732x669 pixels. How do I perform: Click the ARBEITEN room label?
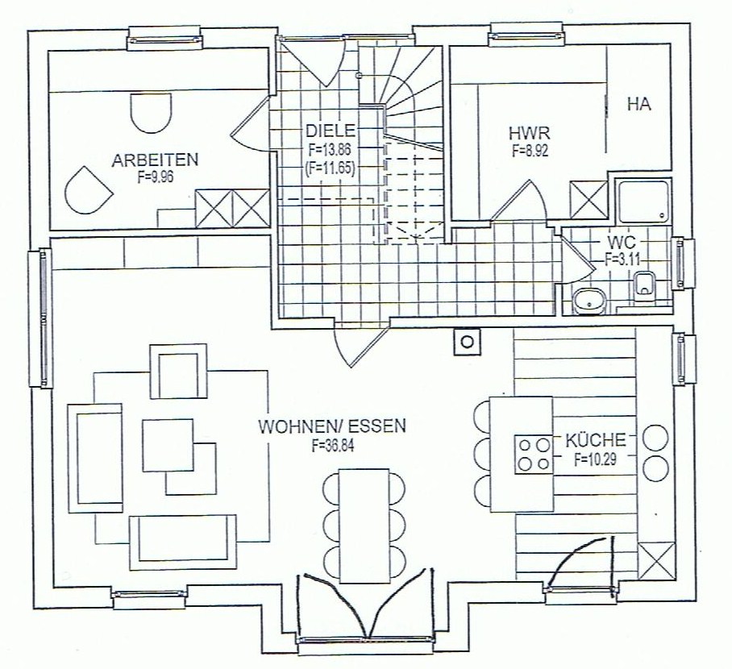coord(155,160)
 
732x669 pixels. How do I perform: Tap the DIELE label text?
coord(331,131)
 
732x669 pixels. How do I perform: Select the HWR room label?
coord(529,134)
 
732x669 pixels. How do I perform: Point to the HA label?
coord(639,104)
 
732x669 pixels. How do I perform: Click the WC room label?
coord(622,243)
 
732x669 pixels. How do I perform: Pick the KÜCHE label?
coord(596,440)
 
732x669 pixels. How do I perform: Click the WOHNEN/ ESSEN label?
coord(332,426)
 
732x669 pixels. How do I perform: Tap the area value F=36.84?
coord(333,446)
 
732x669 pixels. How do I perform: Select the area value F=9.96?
coord(156,177)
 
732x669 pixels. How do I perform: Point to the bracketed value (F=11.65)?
coord(330,167)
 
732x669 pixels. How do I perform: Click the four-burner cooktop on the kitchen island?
coord(533,455)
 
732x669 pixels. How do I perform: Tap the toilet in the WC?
coord(645,284)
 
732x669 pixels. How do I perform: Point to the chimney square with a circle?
coord(467,342)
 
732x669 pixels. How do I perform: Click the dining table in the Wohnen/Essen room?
coord(364,526)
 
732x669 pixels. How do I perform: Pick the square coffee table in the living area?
coord(168,446)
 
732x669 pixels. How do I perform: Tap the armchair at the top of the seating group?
coord(178,372)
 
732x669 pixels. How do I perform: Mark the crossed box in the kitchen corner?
coord(655,561)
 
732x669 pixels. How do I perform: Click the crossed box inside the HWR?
coord(589,200)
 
